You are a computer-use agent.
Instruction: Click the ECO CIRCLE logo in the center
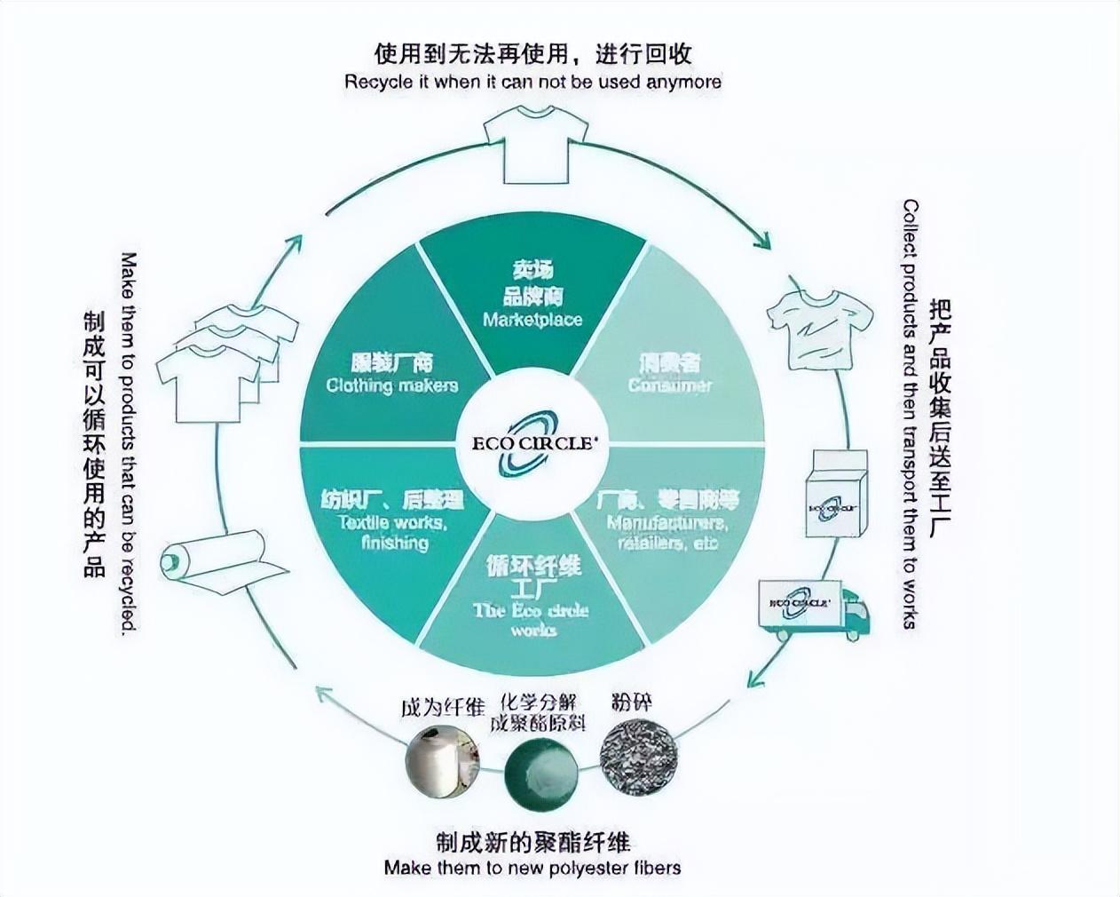point(532,443)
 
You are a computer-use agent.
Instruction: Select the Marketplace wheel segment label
point(532,319)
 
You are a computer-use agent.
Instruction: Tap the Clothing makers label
point(391,385)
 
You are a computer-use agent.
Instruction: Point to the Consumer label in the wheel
point(670,385)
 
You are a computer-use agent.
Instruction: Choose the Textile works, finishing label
point(392,532)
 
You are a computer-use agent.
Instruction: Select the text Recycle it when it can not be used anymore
point(532,82)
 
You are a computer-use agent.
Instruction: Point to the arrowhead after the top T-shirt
point(762,240)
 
